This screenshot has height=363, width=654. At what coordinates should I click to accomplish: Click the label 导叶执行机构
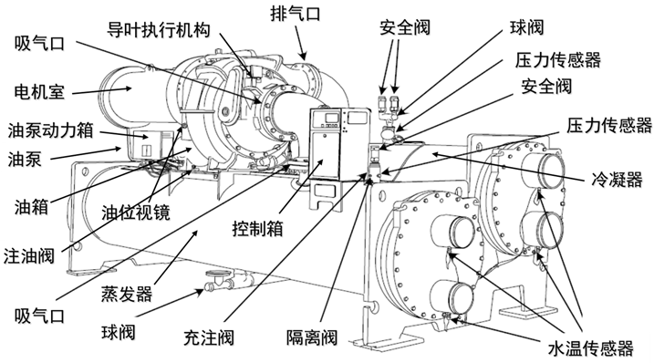159,30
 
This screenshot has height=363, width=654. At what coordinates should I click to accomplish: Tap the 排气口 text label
295,14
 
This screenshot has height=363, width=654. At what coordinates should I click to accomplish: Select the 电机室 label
39,91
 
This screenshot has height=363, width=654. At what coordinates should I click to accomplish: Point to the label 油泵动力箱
50,130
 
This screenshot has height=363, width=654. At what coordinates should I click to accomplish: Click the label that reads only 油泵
25,159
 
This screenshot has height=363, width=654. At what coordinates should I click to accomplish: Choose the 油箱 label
32,206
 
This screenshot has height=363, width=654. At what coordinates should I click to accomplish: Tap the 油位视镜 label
136,213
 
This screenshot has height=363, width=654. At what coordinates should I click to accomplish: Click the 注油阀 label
29,255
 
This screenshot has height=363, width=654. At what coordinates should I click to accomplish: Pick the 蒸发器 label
127,295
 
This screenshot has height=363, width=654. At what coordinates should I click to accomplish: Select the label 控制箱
258,229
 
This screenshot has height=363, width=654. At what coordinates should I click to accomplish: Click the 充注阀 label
209,337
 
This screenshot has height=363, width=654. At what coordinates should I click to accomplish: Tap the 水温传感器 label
590,348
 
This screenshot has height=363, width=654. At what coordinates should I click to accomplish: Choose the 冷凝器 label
617,180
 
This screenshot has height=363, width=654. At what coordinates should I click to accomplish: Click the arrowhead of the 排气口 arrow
304,57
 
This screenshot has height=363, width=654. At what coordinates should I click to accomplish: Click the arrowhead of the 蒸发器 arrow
194,233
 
